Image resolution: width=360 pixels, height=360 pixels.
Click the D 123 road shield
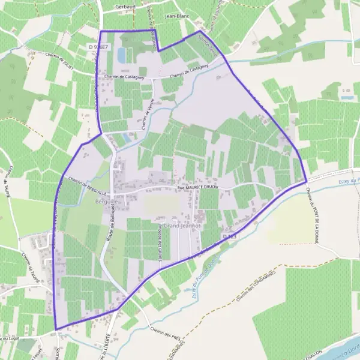(x=229, y=238)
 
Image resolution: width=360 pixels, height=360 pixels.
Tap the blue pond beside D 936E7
(x=121, y=55)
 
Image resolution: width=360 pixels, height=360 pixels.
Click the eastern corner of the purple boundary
(x=307, y=181)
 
